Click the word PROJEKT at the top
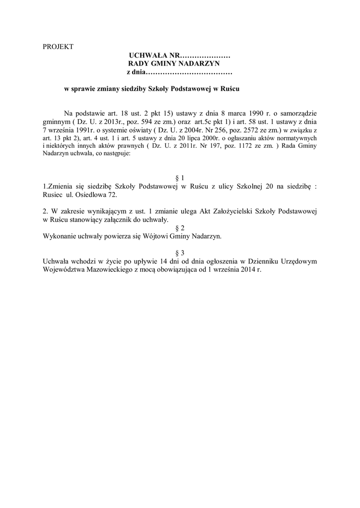[58, 47]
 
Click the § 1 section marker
[180, 177]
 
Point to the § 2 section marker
[180, 228]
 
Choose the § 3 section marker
[180, 253]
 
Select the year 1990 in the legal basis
[252, 113]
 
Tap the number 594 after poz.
[127, 121]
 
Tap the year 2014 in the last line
[246, 269]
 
